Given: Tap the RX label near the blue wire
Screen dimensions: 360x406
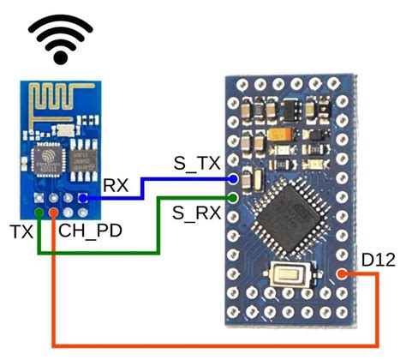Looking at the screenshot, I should tap(115, 184).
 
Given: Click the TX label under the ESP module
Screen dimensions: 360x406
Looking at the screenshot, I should tap(21, 231).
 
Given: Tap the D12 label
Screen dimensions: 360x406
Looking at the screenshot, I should tap(378, 258).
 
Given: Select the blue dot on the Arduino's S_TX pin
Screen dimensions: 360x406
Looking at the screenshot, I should tap(234, 180).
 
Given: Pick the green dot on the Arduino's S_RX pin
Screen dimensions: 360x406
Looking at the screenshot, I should tap(234, 200).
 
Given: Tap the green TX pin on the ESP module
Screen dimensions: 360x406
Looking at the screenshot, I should tap(39, 212).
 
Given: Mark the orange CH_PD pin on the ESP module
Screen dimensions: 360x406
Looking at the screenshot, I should tap(53, 212).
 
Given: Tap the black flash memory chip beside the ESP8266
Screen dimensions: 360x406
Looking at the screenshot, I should tap(84, 158).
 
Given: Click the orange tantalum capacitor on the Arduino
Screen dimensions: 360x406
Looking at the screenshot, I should tap(283, 138).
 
